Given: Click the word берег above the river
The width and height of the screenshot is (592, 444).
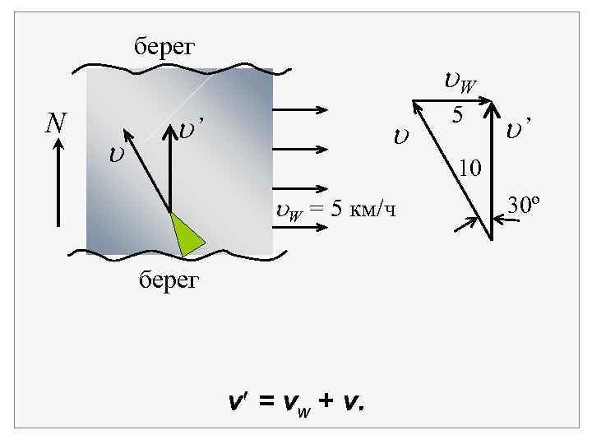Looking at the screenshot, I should [x=164, y=46].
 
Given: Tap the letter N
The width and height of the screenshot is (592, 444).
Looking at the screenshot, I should [x=56, y=123].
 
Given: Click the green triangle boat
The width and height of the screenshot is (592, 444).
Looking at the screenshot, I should [x=187, y=234].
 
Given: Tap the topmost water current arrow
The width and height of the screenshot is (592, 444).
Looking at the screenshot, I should [x=299, y=110].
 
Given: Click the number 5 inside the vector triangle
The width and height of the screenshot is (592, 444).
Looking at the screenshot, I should [x=459, y=116].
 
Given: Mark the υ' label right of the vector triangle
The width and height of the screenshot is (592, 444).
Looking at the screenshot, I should [x=519, y=128].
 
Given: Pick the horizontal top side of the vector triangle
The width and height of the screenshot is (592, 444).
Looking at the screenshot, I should [x=452, y=102].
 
